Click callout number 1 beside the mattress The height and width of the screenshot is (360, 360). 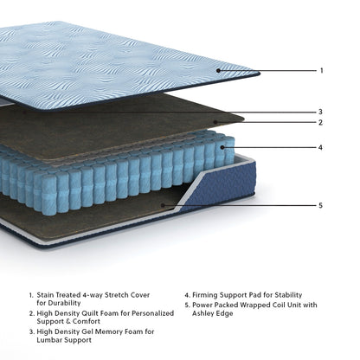[322, 70]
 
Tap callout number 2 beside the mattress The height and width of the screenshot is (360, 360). [320, 123]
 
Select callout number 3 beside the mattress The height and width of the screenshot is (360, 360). [320, 111]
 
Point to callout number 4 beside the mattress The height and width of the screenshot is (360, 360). [321, 147]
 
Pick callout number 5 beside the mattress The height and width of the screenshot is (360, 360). [321, 205]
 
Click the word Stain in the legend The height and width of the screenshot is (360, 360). [46, 295]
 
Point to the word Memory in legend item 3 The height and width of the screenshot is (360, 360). [111, 331]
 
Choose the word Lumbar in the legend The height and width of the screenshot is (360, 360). [51, 341]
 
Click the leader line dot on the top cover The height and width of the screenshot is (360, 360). [219, 70]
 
